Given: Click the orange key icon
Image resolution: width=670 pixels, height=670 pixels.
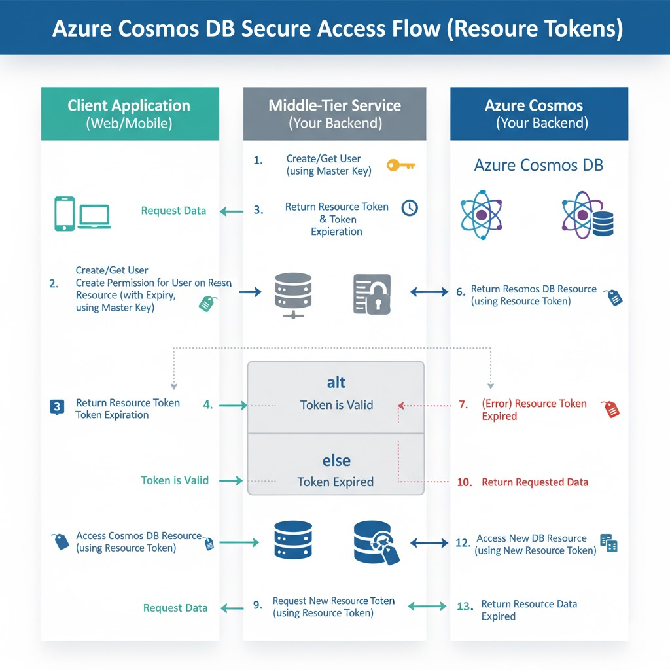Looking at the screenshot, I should (400, 165).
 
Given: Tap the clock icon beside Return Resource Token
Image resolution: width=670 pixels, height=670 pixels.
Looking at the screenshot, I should (410, 207).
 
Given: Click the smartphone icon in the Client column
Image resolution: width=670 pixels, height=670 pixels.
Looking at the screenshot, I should (64, 214).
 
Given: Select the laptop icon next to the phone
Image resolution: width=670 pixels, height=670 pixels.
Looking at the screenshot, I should (95, 217).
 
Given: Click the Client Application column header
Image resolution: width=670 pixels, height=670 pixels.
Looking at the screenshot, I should (129, 113).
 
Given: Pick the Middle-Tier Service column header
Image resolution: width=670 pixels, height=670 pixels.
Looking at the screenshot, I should (334, 113).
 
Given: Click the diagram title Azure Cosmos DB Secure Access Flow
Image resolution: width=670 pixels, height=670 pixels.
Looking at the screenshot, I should (334, 29).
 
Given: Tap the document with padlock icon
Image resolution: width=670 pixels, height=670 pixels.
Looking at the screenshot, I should (372, 294).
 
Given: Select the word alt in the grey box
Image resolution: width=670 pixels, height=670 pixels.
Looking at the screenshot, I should (336, 382).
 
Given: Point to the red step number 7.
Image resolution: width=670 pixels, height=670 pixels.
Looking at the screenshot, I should (463, 404).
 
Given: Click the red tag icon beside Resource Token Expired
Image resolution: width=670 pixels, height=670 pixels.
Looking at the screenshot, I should (612, 409).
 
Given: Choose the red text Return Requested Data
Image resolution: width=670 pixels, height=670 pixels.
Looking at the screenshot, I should (535, 482).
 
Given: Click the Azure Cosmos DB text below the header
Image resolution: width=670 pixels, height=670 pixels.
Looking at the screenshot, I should (538, 165).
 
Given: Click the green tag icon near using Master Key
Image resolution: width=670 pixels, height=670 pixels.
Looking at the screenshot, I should (207, 303).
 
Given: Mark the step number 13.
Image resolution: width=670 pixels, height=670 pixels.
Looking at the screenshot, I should (465, 607).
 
